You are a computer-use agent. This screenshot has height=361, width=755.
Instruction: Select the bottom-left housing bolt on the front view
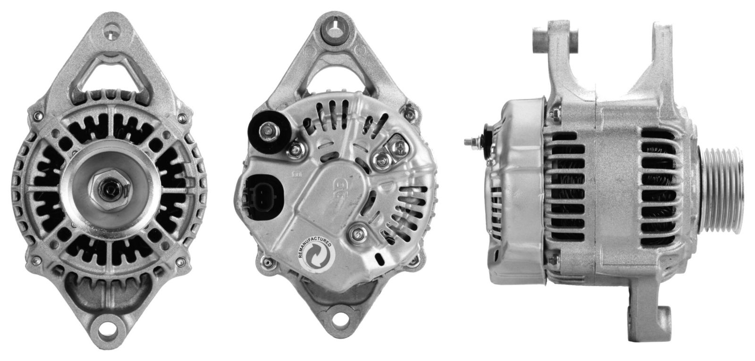[34, 258]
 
